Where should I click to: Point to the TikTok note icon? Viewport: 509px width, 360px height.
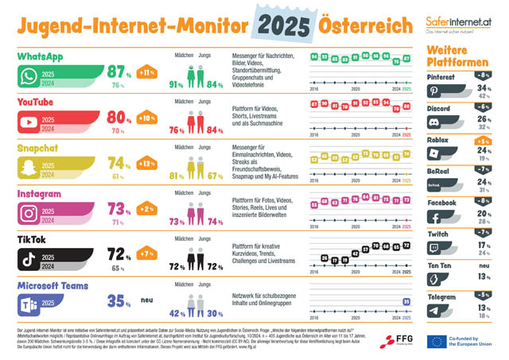click(x=30, y=258)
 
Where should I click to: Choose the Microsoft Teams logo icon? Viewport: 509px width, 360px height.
click(x=30, y=302)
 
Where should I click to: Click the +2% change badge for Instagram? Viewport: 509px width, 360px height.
click(x=146, y=210)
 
